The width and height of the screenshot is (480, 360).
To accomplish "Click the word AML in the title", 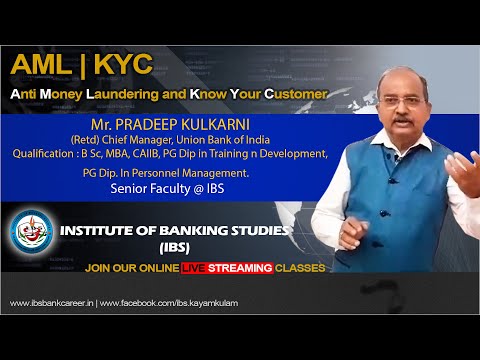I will click(x=42, y=65).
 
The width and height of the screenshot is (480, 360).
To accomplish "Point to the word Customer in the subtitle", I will click(x=295, y=93).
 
